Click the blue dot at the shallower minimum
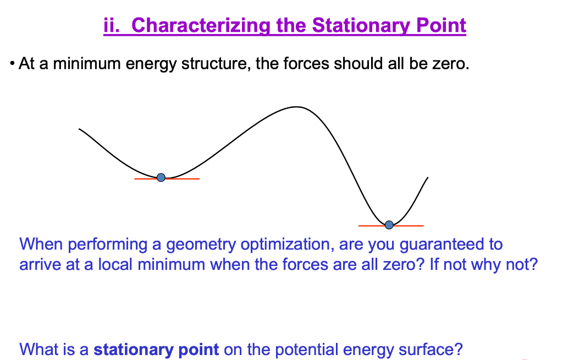tap(161, 178)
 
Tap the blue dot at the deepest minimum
tap(389, 225)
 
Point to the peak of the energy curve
tap(296, 107)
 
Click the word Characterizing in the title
tap(201, 26)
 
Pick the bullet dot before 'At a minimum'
tap(12, 64)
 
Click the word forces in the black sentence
tap(306, 64)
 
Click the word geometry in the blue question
tap(201, 245)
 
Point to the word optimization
tap(287, 245)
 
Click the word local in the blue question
tap(115, 264)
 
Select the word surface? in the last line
tap(430, 350)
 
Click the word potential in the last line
tap(306, 350)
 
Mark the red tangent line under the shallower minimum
tap(167, 179)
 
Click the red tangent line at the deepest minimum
tap(391, 226)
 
